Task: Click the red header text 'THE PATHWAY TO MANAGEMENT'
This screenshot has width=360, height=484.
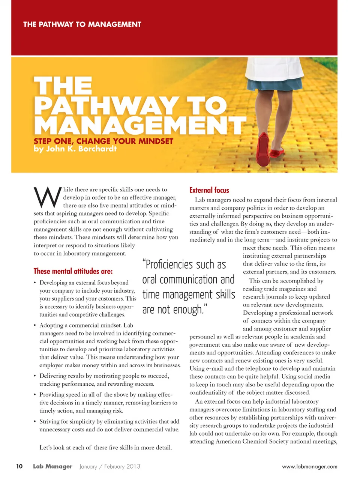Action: pos(82,24)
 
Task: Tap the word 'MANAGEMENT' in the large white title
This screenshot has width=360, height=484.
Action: pos(139,125)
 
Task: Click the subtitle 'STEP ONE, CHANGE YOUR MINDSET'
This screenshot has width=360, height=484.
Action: pos(103,141)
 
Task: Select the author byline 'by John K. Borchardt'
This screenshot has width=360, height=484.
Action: pos(75,149)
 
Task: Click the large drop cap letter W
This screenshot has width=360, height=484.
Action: pos(47,197)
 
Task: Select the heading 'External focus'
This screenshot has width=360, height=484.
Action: pos(209,190)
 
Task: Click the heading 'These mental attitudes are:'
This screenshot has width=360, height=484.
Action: pos(73,271)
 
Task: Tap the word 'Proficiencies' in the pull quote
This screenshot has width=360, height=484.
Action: pos(169,265)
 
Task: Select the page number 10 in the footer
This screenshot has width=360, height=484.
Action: pos(19,466)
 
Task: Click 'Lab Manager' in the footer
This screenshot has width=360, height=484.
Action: pos(52,466)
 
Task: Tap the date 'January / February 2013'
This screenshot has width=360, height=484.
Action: pos(110,466)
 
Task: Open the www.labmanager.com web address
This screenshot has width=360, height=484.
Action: pos(309,466)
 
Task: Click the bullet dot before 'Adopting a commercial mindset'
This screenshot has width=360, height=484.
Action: pos(35,326)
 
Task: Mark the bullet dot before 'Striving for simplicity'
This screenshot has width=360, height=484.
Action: pos(35,422)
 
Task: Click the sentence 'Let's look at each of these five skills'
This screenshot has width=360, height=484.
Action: pos(105,447)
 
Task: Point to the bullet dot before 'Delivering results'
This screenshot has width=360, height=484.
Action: pos(35,376)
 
